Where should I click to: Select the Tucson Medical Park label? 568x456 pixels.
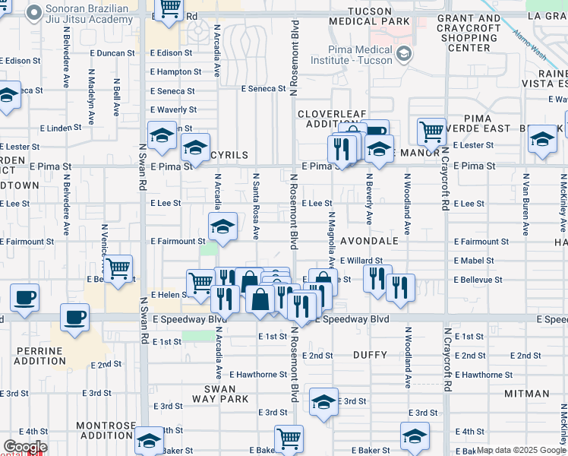pyautogui.click(x=379, y=15)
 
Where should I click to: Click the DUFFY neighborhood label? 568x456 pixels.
pyautogui.click(x=371, y=355)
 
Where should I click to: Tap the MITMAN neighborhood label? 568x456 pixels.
pyautogui.click(x=526, y=394)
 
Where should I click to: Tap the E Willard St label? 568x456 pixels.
pyautogui.click(x=361, y=261)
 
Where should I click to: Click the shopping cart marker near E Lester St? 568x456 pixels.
pyautogui.click(x=431, y=131)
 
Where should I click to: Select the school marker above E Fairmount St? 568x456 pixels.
pyautogui.click(x=222, y=226)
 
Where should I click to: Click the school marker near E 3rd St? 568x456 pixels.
pyautogui.click(x=323, y=401)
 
